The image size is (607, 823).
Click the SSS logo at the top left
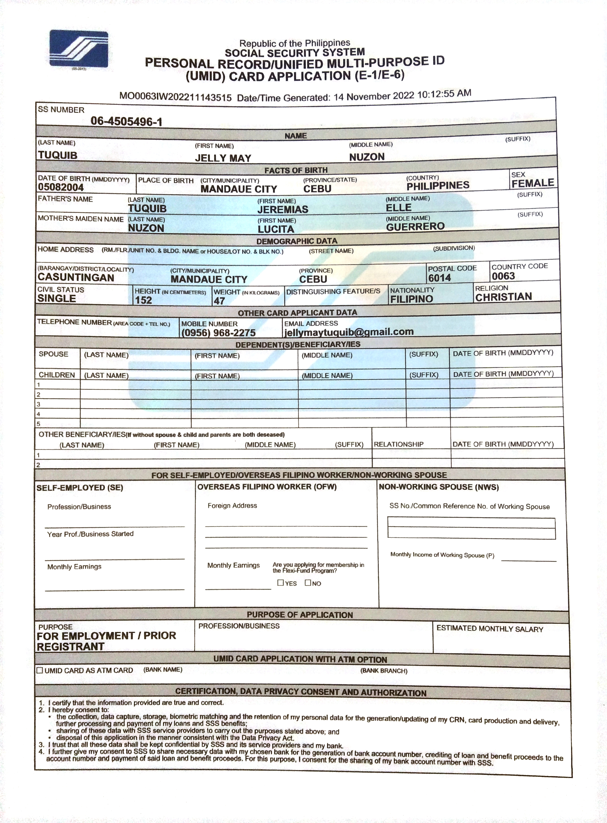pyautogui.click(x=79, y=49)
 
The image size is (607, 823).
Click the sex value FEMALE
pyautogui.click(x=532, y=183)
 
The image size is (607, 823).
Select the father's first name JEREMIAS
pyautogui.click(x=283, y=209)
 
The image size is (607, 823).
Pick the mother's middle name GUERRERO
pyautogui.click(x=415, y=227)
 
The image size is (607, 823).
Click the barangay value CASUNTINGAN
pyautogui.click(x=76, y=278)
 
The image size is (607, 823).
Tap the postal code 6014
pyautogui.click(x=439, y=278)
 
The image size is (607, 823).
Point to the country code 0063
pyautogui.click(x=503, y=276)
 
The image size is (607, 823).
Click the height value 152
pyautogui.click(x=143, y=300)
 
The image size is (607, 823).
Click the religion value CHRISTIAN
pyautogui.click(x=503, y=297)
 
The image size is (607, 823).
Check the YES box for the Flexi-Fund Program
pyautogui.click(x=281, y=583)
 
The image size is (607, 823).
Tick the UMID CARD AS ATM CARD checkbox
pyautogui.click(x=40, y=670)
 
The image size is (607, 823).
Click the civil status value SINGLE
pyautogui.click(x=57, y=299)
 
